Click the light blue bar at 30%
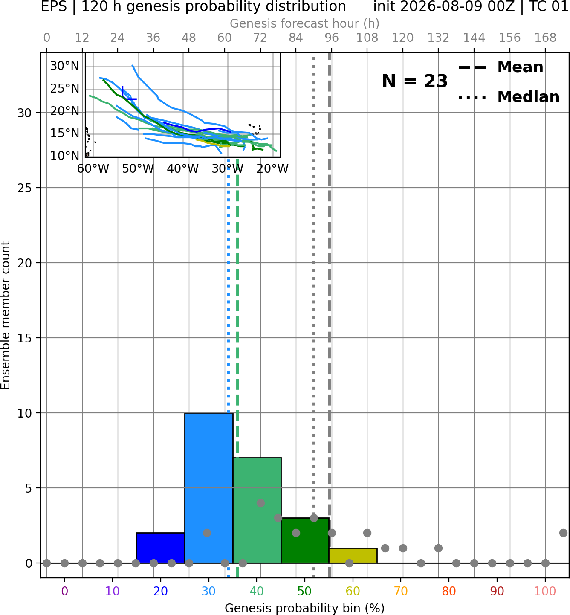(x=208, y=488)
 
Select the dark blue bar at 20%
(x=161, y=548)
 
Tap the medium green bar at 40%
(x=257, y=510)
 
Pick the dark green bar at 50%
(x=305, y=540)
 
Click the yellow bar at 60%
(x=353, y=555)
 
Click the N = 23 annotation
(x=415, y=81)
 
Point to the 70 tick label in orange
(x=401, y=591)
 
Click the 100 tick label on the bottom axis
(x=545, y=591)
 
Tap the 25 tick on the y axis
(x=25, y=188)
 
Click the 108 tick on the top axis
(x=367, y=38)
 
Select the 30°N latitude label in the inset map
(x=64, y=66)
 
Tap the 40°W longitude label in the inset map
(x=182, y=169)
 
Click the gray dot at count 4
(x=260, y=503)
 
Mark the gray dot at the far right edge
(x=564, y=533)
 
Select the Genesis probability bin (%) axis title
(x=305, y=608)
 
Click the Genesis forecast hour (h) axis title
(x=305, y=23)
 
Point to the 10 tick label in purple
(x=113, y=591)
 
